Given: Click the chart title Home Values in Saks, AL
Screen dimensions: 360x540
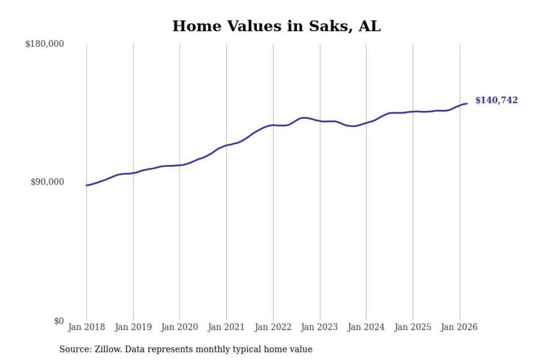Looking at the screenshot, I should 276,26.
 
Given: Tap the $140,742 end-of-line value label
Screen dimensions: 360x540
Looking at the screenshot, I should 496,100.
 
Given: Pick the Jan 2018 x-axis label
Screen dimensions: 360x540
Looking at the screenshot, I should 86,328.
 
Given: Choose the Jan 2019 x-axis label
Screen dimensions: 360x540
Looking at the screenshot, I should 133,328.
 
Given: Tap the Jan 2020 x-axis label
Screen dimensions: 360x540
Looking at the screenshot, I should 180,328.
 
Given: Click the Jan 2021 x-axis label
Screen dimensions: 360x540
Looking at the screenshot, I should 226,328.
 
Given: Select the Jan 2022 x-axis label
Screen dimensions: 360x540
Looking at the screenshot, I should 273,328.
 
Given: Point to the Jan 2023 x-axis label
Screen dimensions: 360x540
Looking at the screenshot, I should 319,328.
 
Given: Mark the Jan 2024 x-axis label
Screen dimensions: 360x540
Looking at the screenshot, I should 366,328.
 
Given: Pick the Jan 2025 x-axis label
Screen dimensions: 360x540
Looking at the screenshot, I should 413,328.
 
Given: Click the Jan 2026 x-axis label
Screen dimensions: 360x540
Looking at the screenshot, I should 459,328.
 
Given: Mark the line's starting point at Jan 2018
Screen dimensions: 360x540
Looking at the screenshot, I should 86,185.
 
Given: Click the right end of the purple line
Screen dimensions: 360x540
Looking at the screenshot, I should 467,103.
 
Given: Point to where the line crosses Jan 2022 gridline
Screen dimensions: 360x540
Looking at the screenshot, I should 273,125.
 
